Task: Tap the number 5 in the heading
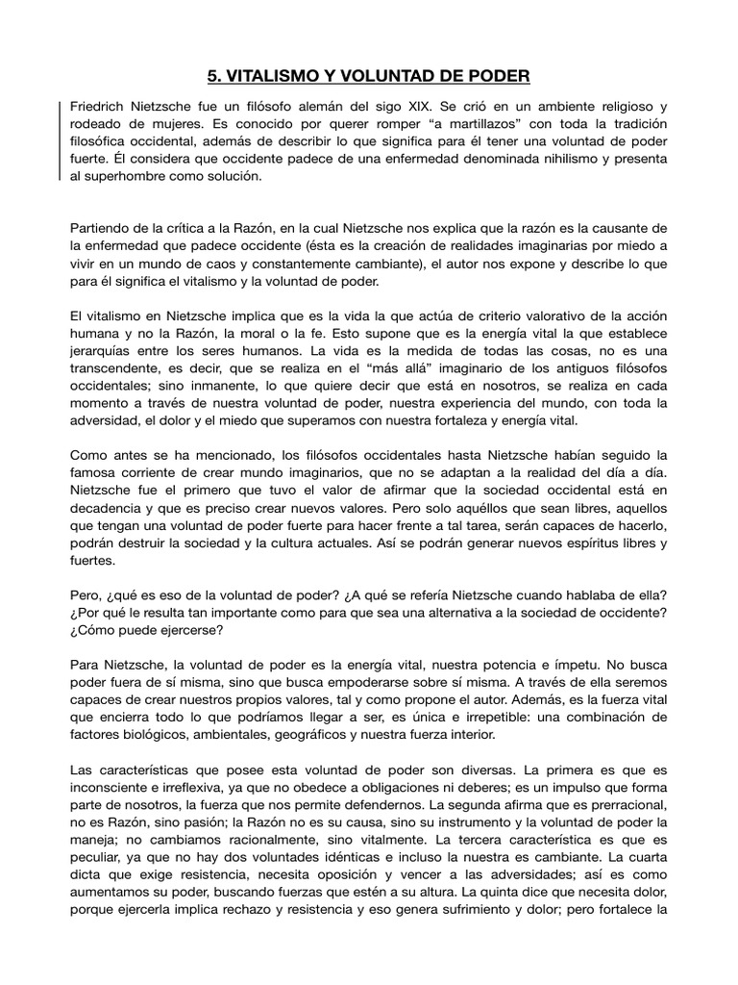214,75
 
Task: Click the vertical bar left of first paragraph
61,140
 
